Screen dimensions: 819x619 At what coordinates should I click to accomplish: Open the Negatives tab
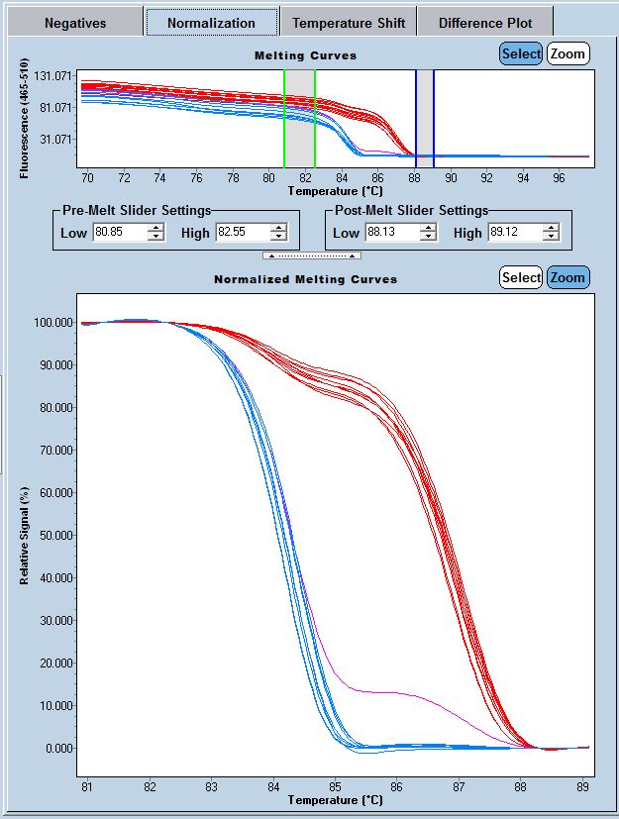tap(75, 23)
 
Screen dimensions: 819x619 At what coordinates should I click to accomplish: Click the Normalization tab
tap(211, 23)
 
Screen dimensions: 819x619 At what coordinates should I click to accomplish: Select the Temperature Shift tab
tap(347, 23)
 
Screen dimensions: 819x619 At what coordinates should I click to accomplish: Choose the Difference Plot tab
tap(485, 23)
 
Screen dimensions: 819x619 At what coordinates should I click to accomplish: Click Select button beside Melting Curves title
tap(521, 53)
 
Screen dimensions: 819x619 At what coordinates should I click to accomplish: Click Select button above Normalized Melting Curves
tap(521, 277)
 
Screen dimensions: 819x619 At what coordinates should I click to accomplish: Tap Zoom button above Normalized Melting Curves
tap(568, 277)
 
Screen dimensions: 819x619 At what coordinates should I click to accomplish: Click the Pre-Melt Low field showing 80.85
tap(119, 233)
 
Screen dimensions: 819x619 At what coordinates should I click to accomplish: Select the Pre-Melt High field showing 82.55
tap(243, 233)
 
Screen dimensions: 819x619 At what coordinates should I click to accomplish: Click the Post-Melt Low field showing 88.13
tap(390, 233)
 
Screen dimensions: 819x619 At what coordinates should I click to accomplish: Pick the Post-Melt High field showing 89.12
tap(514, 233)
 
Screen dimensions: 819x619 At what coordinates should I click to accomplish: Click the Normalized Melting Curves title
tap(305, 279)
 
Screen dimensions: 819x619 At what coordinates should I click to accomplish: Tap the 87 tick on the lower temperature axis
tap(459, 786)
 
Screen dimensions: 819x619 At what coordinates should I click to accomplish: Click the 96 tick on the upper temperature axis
tap(559, 177)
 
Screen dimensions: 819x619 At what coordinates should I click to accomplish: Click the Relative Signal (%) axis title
tap(25, 535)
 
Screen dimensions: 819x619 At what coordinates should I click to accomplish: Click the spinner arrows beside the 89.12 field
tap(552, 233)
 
